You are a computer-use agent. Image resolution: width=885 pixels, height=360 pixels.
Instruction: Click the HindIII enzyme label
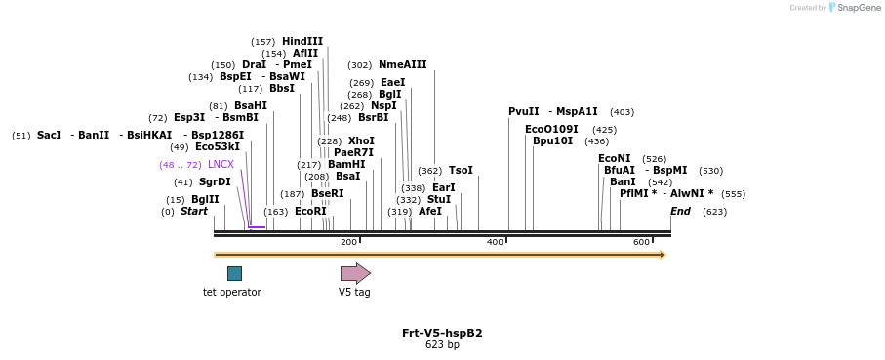tap(302, 41)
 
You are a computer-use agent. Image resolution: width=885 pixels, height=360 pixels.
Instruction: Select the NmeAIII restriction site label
tap(402, 65)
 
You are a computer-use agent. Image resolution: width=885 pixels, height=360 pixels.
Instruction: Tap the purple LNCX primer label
tap(221, 165)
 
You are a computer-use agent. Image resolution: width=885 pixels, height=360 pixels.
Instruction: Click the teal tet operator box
tap(234, 273)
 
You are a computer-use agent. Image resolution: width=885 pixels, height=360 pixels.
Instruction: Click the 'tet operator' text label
tap(232, 292)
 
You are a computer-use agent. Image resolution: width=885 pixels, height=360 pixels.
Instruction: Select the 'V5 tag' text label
tap(354, 292)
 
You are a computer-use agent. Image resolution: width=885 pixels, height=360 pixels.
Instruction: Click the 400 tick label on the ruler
tap(495, 242)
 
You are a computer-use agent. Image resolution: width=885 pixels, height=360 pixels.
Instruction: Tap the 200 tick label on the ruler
tap(348, 242)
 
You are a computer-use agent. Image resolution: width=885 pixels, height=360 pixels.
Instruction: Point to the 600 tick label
tap(641, 242)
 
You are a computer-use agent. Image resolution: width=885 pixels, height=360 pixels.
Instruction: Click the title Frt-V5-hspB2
tap(442, 333)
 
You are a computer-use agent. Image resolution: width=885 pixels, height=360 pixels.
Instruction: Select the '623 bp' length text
tap(442, 345)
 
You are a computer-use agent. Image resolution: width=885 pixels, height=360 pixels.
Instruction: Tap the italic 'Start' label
tap(194, 211)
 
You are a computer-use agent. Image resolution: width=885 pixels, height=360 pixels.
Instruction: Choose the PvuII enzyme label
tap(524, 111)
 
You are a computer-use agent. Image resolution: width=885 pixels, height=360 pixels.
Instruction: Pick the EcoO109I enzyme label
tap(551, 129)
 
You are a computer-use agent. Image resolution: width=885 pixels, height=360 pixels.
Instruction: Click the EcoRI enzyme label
tap(310, 211)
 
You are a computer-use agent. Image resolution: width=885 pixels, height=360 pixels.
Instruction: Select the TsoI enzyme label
tap(461, 170)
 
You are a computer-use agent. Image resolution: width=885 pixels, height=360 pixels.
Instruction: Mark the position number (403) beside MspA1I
tap(622, 112)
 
